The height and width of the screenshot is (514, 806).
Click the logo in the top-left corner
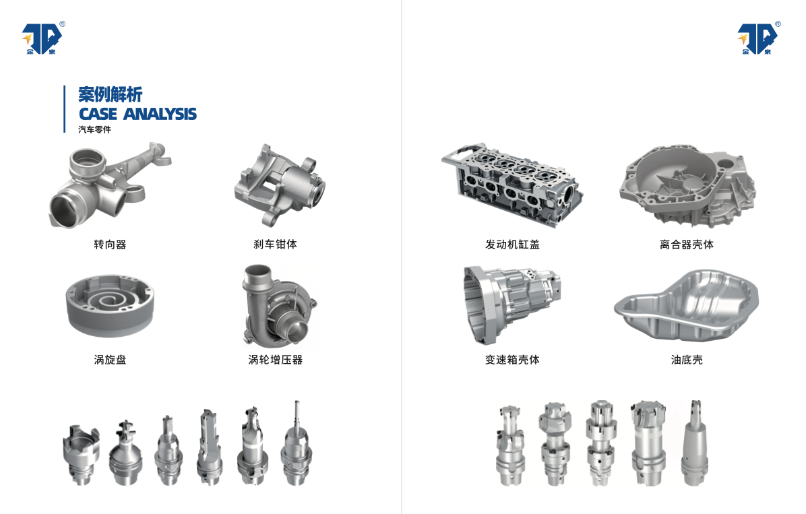pos(43,38)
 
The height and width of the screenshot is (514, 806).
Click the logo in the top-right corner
pos(759,38)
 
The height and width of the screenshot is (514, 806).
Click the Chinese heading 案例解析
pos(110,94)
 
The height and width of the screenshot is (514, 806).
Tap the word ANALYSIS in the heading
pos(160,114)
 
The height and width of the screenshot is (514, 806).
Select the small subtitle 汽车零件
pos(94,129)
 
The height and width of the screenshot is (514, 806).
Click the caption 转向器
pos(110,245)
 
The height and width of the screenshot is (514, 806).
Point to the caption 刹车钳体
pos(275,244)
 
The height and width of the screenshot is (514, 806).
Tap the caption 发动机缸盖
pos(512,245)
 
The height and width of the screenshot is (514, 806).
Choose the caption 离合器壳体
pos(687,245)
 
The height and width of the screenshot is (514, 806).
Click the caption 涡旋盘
pos(110,360)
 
